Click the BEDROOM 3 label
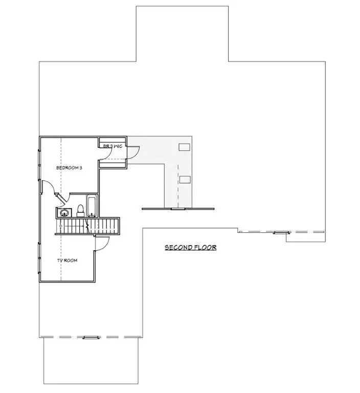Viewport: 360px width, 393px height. coord(69,167)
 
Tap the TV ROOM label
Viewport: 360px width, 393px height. coord(67,260)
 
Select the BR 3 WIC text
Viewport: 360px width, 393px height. coord(112,146)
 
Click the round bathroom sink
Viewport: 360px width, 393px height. coord(64,212)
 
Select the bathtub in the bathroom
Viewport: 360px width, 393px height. coord(93,206)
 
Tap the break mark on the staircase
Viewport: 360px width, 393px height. coord(89,225)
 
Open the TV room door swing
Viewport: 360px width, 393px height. coord(102,244)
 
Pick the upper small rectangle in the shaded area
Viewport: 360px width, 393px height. coord(185,147)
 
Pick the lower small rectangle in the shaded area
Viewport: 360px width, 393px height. coord(185,179)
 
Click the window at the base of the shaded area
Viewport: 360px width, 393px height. coord(177,209)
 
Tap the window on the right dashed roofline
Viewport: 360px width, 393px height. coord(280,232)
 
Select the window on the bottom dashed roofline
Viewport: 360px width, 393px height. coord(90,337)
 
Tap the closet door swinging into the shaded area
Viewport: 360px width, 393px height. coord(132,151)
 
